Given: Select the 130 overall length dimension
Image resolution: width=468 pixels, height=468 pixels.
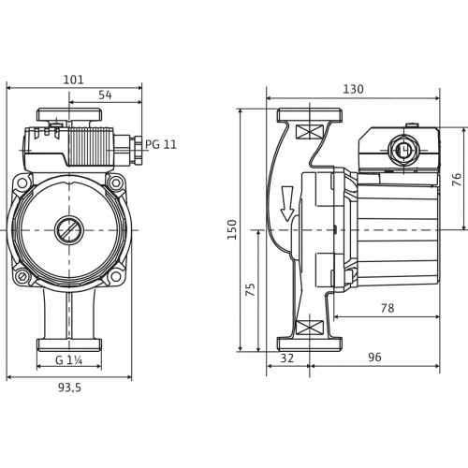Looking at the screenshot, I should (x=353, y=89).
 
